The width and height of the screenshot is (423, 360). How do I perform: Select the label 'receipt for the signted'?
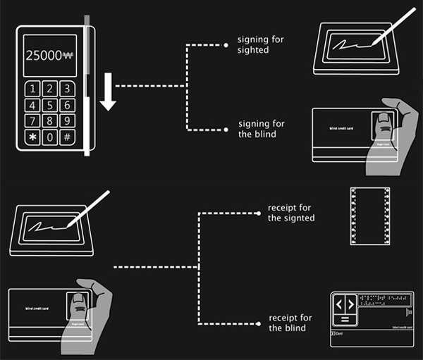pos(290,213)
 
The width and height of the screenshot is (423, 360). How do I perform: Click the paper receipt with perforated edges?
pos(369,216)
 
